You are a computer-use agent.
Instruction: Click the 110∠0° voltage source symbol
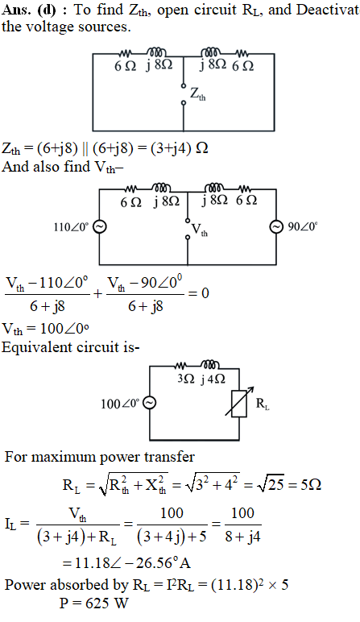coord(99,227)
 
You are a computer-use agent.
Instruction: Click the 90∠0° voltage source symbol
coord(276,227)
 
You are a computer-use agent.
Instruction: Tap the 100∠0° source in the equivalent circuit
coord(150,404)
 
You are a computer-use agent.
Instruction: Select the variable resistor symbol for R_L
coord(239,403)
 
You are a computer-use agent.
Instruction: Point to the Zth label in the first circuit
coord(198,94)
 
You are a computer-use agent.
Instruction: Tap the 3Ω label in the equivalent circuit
coord(186,379)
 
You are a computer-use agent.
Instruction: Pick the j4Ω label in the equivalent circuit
coord(213,379)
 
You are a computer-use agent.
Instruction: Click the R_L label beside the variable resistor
coord(263,404)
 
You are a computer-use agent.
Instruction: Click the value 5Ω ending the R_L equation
coord(311,485)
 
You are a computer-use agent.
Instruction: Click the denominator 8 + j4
coord(242,537)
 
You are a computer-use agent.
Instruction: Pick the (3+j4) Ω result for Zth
coord(178,148)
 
